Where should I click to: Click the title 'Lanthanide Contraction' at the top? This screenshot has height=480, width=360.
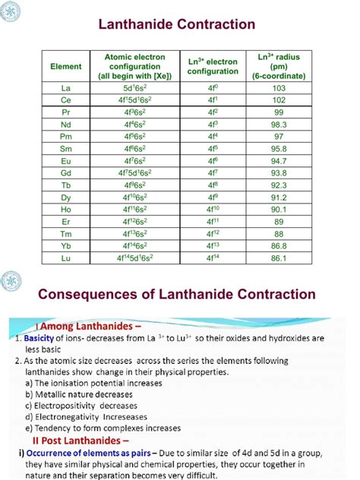(179, 25)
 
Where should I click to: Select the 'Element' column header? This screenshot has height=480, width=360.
(66, 67)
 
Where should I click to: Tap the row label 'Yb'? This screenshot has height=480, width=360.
(66, 246)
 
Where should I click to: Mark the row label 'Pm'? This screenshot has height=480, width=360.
(66, 135)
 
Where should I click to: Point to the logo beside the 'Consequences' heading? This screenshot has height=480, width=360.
(12, 280)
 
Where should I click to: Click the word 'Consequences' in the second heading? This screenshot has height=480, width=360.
(90, 294)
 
